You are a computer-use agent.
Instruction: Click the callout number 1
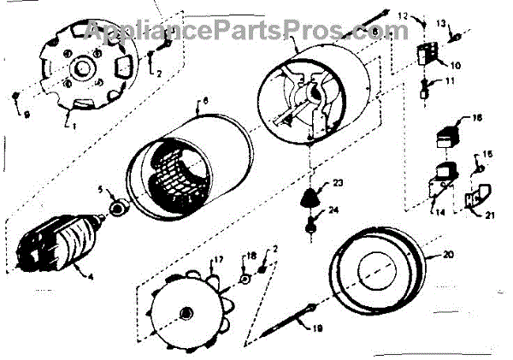[74, 127]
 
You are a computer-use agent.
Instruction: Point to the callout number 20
[449, 254]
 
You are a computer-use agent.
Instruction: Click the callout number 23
[338, 182]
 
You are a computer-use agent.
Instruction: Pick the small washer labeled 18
[244, 277]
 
